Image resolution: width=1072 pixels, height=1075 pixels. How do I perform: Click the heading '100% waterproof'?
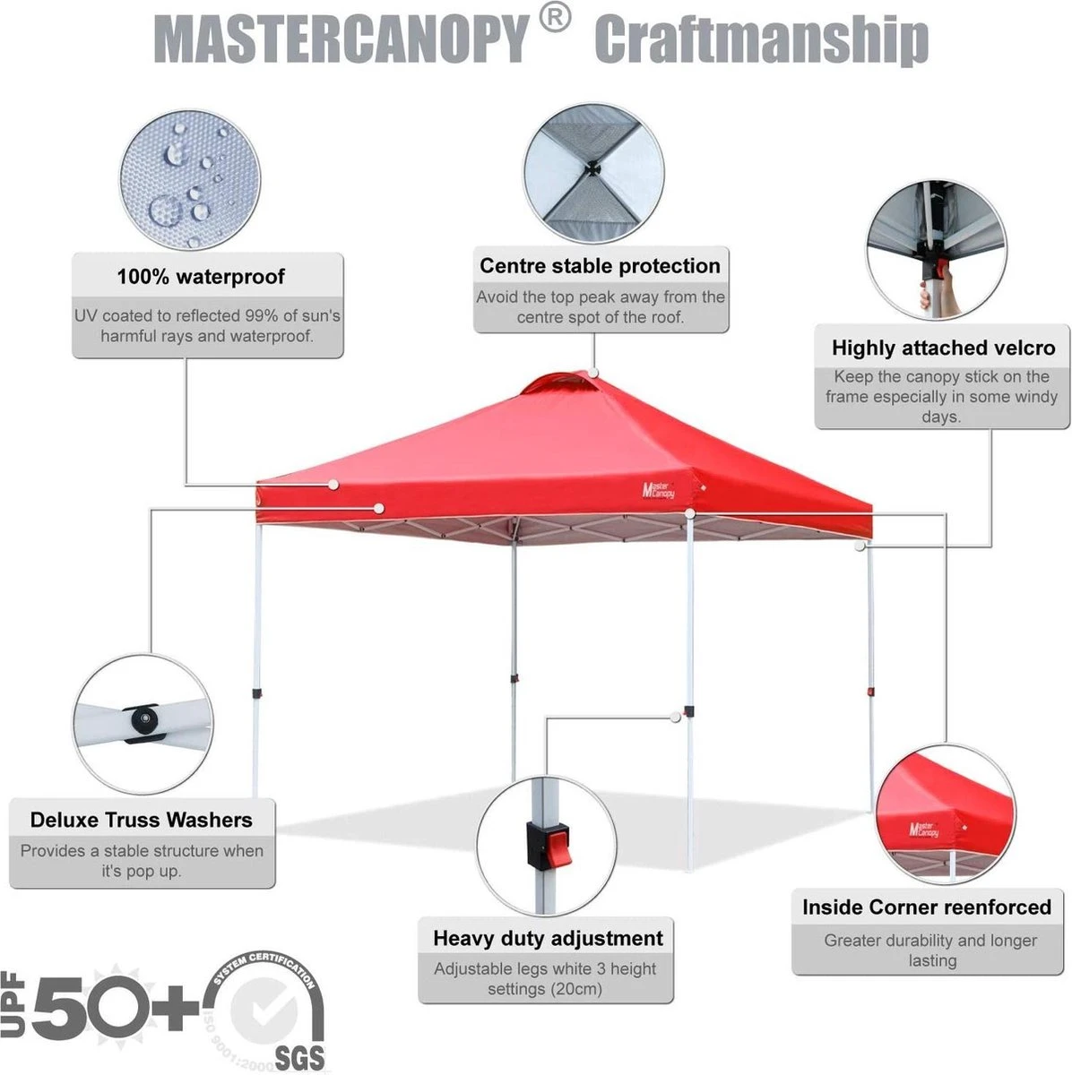(201, 277)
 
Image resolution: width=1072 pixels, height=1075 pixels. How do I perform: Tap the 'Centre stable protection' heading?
(600, 266)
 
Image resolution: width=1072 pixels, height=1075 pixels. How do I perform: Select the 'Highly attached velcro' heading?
(943, 348)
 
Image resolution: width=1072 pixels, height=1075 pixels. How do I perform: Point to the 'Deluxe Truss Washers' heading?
(141, 820)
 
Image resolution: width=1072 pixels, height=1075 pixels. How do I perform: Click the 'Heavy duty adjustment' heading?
(548, 938)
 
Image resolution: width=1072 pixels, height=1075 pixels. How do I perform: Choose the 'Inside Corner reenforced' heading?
(927, 907)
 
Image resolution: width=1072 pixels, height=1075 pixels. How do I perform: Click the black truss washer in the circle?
(143, 719)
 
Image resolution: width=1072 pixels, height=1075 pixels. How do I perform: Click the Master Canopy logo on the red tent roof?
(658, 489)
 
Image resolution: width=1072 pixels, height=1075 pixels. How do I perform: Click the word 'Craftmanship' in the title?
(761, 39)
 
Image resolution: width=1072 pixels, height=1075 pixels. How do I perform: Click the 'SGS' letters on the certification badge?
(299, 1058)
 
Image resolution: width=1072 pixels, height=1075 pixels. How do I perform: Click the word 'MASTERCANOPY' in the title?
(341, 39)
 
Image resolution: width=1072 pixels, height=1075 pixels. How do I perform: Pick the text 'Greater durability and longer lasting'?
(930, 950)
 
